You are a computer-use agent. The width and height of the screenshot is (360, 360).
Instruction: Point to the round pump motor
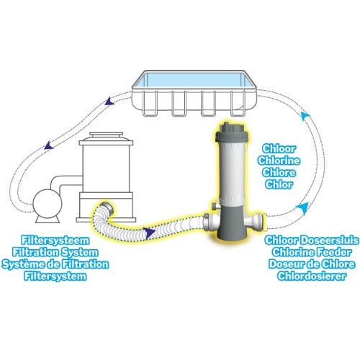click(x=42, y=198)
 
